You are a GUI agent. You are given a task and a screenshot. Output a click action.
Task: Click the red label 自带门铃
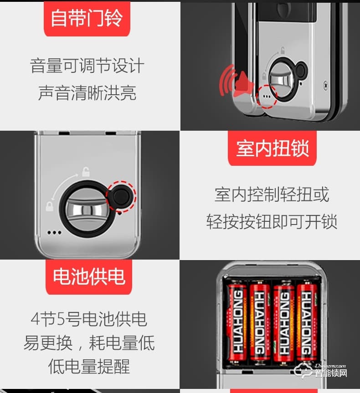click(x=87, y=19)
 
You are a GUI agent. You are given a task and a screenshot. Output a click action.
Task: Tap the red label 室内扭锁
click(x=272, y=148)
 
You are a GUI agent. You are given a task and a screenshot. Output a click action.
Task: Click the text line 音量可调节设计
click(x=87, y=66)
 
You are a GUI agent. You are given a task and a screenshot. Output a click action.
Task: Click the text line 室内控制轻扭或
click(x=272, y=195)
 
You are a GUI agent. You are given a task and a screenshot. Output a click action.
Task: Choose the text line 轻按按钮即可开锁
click(x=272, y=222)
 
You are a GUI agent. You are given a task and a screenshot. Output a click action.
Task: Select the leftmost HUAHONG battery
click(x=237, y=323)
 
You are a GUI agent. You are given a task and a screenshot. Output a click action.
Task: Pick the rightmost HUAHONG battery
click(x=306, y=323)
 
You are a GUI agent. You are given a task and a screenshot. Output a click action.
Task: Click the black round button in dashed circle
click(x=121, y=196)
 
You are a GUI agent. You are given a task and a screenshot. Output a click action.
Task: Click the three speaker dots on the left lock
click(x=54, y=232)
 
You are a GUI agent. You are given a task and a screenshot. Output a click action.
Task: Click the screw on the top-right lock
click(x=326, y=84)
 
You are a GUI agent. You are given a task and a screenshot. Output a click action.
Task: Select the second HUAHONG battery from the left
click(x=260, y=323)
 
